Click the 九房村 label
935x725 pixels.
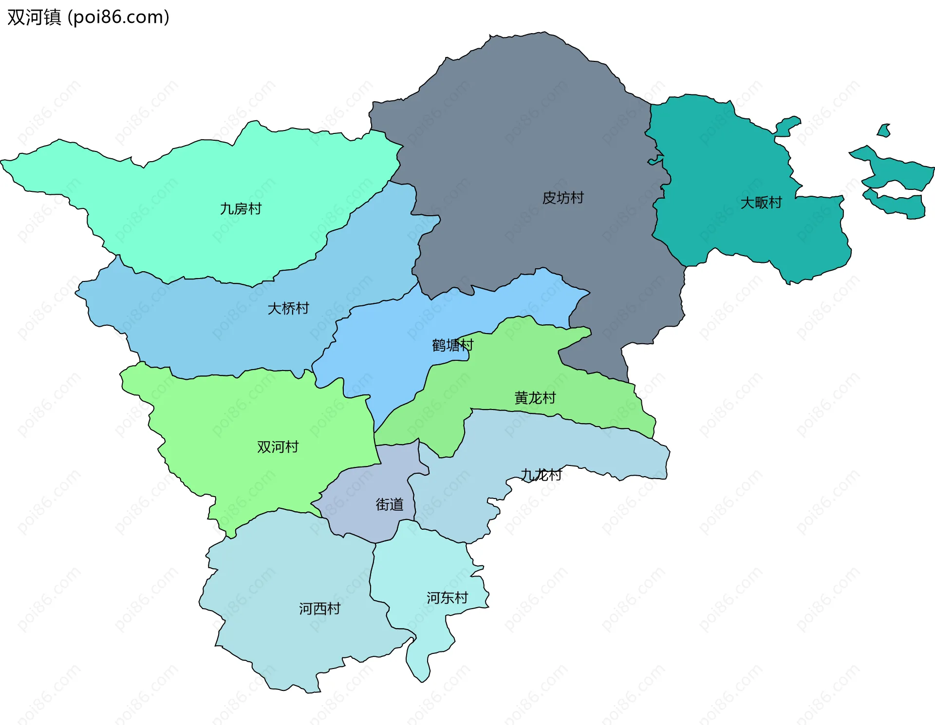point(241,209)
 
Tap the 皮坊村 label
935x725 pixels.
point(563,198)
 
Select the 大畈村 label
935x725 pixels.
point(761,203)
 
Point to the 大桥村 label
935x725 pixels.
point(288,308)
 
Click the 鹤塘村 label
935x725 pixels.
point(452,345)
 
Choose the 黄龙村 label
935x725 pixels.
point(535,398)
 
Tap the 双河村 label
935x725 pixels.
point(278,446)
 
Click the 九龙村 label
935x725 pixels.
point(541,474)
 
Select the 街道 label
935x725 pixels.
point(390,504)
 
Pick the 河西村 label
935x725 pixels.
point(319,609)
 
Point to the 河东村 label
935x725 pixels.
point(447,598)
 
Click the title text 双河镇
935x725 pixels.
point(34,17)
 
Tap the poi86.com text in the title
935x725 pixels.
point(118,17)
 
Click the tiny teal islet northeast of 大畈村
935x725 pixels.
point(884,130)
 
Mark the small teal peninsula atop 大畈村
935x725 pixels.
point(786,126)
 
